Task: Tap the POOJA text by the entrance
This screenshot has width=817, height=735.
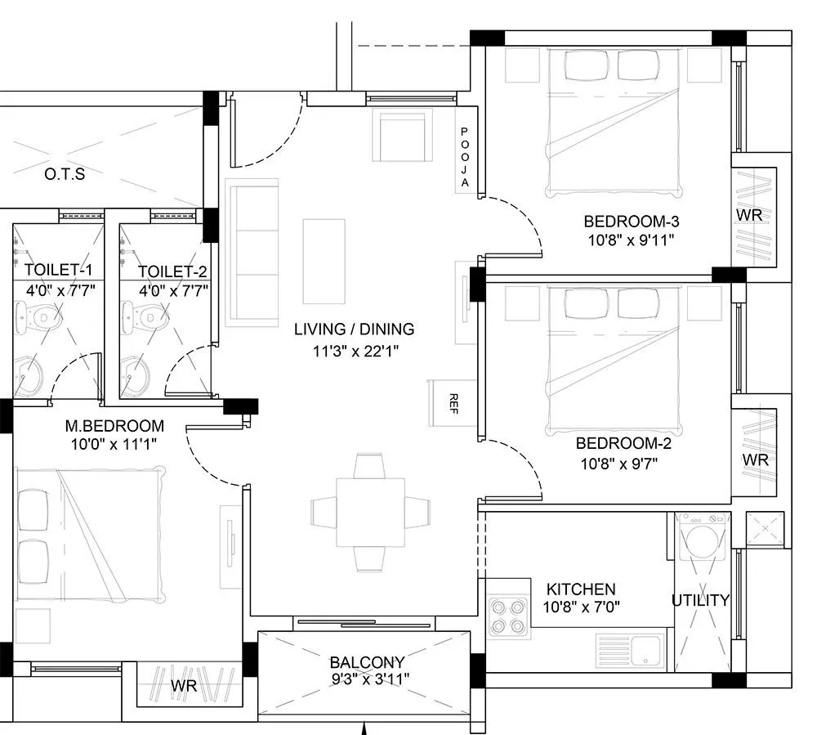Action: (464, 158)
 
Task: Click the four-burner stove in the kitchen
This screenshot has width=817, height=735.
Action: (507, 617)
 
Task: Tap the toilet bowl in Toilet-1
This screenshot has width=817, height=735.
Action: (38, 316)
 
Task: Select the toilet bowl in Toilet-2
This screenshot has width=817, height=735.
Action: (142, 316)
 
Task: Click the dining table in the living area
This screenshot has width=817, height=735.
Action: (371, 513)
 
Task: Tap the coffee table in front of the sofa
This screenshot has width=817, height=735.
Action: (320, 260)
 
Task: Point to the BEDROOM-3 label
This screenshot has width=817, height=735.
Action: (620, 221)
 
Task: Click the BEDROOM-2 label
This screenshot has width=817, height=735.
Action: (617, 443)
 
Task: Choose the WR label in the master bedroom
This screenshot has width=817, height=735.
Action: (184, 686)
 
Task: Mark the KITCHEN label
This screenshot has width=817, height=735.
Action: (581, 589)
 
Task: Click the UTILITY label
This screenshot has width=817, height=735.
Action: (700, 600)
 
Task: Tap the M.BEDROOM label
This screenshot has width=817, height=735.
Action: (114, 426)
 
